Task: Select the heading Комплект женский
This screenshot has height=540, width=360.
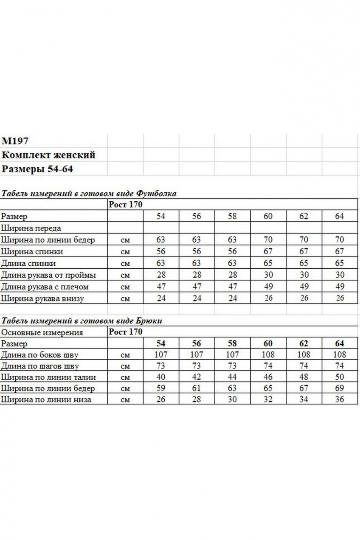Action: [x=48, y=155]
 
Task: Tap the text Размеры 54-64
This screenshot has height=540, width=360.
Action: [x=37, y=169]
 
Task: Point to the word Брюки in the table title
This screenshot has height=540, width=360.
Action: [x=151, y=321]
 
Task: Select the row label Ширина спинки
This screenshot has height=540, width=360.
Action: [x=32, y=252]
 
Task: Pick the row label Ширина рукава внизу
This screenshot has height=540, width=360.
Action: [x=42, y=298]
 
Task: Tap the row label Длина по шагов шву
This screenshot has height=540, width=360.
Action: [x=40, y=366]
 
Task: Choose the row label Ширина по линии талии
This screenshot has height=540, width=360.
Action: [x=49, y=377]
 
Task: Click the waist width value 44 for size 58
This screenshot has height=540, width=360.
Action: [x=232, y=377]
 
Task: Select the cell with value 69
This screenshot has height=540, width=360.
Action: [x=340, y=388]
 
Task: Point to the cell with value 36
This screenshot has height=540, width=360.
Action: [x=340, y=399]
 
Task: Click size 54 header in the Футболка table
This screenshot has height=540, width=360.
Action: [x=161, y=217]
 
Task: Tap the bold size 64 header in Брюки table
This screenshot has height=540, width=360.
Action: [x=340, y=343]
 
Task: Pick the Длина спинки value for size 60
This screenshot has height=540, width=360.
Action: [x=268, y=263]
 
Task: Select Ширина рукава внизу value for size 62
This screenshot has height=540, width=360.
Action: [x=304, y=298]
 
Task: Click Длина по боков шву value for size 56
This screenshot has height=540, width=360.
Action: [x=197, y=354]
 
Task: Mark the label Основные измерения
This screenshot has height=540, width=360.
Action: [x=42, y=332]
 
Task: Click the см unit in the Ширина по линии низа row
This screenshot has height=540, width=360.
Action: [x=125, y=400]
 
